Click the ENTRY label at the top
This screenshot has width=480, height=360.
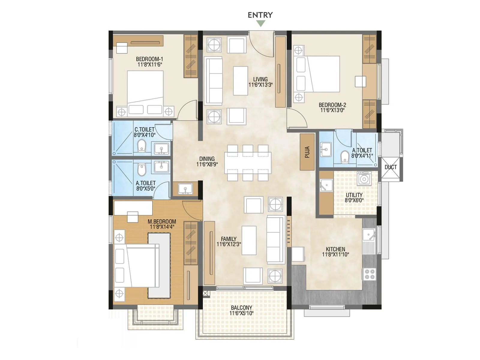click(x=260, y=15)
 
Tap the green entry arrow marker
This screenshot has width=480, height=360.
click(x=261, y=24)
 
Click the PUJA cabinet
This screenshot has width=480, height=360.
click(x=307, y=152)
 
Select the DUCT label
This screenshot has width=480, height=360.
click(x=391, y=167)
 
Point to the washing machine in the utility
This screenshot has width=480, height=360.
click(x=364, y=179)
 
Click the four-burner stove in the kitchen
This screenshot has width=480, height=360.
click(x=369, y=274)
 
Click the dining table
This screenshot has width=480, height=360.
click(x=248, y=163)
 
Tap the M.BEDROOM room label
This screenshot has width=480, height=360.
click(x=162, y=221)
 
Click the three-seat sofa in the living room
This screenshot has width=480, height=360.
click(x=213, y=81)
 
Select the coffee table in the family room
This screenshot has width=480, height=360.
click(x=249, y=240)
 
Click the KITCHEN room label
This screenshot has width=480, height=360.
click(x=335, y=249)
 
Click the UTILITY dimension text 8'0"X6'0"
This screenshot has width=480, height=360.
click(x=354, y=200)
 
